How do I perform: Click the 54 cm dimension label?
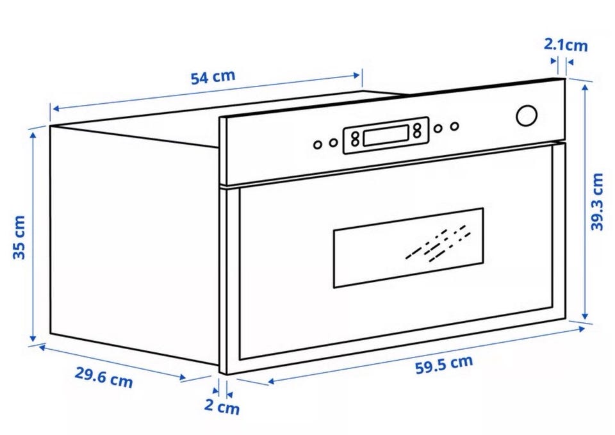click(x=213, y=76)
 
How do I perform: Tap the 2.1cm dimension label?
click(x=566, y=45)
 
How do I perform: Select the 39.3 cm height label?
click(x=597, y=202)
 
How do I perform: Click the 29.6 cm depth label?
click(x=104, y=377)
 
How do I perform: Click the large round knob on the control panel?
click(x=527, y=116)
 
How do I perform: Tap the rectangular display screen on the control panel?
click(x=386, y=135)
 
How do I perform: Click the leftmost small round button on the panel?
click(x=318, y=145)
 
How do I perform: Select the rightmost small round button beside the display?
click(x=454, y=126)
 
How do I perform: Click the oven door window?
click(x=408, y=247)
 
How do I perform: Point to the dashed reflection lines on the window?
click(x=438, y=243)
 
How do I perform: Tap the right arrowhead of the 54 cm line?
click(x=357, y=75)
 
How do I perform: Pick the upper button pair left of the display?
click(x=355, y=136)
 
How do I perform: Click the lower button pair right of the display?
click(x=417, y=134)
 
